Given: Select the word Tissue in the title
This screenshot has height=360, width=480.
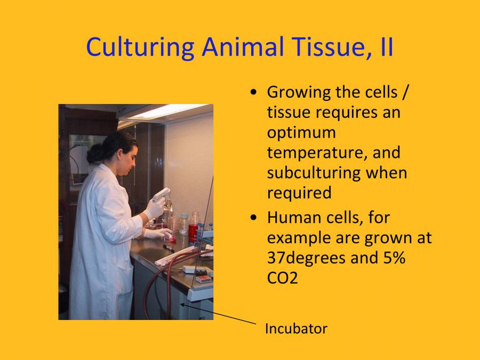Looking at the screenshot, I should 322,47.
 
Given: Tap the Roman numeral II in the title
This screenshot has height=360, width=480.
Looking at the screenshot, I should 383,47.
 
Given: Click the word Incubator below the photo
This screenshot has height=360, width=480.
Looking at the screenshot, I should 296,329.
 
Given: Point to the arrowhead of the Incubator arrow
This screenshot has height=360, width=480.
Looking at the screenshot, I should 182,305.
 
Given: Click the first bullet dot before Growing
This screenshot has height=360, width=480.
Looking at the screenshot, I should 254,92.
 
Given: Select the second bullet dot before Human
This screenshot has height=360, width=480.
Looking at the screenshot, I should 254,218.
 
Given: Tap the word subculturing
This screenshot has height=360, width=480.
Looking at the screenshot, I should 337,173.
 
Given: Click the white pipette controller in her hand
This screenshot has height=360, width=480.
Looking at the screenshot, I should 161,196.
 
